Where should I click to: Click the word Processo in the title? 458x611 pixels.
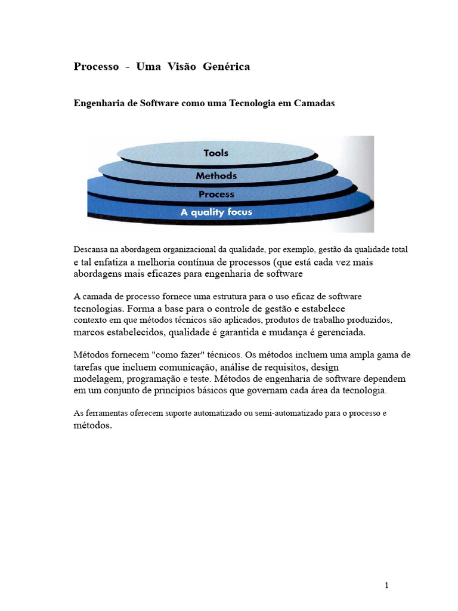[96, 67]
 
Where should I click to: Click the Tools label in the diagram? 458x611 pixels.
[216, 153]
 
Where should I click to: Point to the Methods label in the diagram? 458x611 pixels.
[216, 176]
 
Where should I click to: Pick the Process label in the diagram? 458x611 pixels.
[216, 194]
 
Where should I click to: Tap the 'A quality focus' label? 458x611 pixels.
[216, 212]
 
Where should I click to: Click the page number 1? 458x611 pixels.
[386, 585]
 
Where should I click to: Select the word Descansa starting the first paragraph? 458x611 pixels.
[91, 249]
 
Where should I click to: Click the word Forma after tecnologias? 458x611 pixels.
[139, 308]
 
